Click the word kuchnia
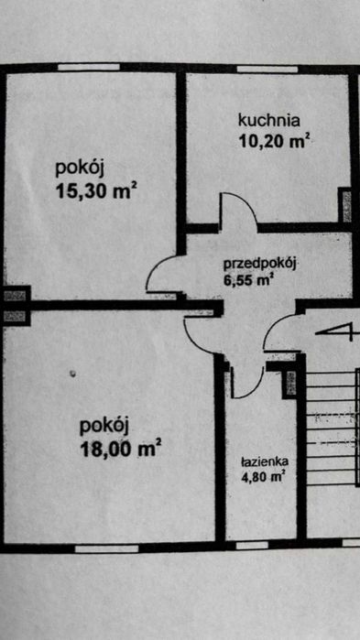[x=269, y=119]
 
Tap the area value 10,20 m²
[x=272, y=140]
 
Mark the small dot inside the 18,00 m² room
[x=73, y=373]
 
